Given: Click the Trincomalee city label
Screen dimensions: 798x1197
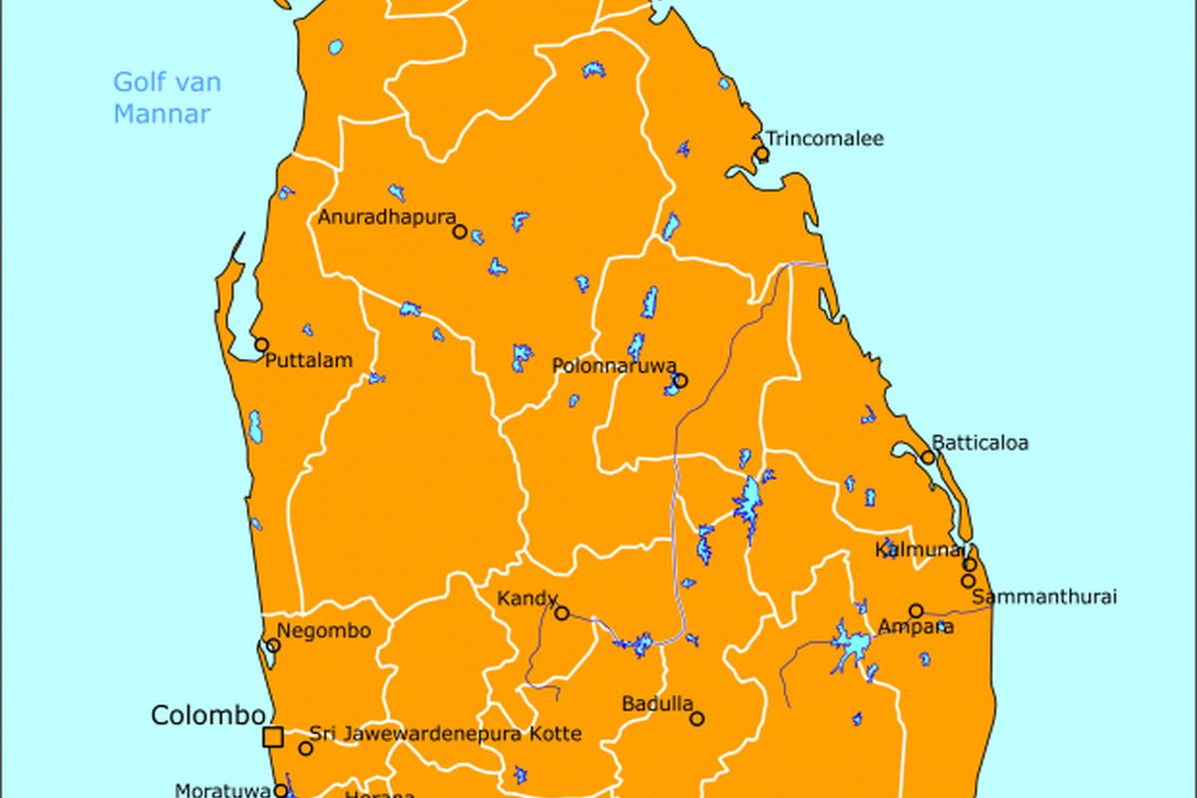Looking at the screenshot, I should click(824, 139).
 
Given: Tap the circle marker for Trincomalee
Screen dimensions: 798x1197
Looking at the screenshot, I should click(762, 154).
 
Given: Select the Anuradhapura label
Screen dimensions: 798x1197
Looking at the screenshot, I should click(386, 216).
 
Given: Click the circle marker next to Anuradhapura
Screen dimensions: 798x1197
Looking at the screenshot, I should click(460, 231).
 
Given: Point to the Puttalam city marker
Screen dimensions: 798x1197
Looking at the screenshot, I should click(261, 345).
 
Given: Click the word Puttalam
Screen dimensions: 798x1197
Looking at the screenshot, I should click(309, 361).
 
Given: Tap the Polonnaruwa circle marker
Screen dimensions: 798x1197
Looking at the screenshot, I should click(680, 380).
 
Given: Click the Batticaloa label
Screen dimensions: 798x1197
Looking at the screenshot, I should click(980, 442).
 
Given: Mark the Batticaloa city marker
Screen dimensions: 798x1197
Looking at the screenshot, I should click(929, 458).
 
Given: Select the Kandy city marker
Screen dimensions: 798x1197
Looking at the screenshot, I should click(562, 613).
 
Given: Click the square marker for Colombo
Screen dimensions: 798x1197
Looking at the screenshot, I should click(272, 737).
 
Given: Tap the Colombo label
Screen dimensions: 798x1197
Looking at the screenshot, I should click(207, 715).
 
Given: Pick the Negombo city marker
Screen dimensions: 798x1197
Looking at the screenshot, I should click(273, 645).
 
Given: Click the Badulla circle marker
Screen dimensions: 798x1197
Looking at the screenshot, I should click(697, 718).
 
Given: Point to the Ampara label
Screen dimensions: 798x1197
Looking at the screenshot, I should click(915, 627).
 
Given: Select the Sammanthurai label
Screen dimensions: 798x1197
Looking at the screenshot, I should click(1043, 598).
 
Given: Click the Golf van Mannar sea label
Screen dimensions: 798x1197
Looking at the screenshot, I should click(167, 98).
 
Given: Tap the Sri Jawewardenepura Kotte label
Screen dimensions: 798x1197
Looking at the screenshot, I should click(445, 734).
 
